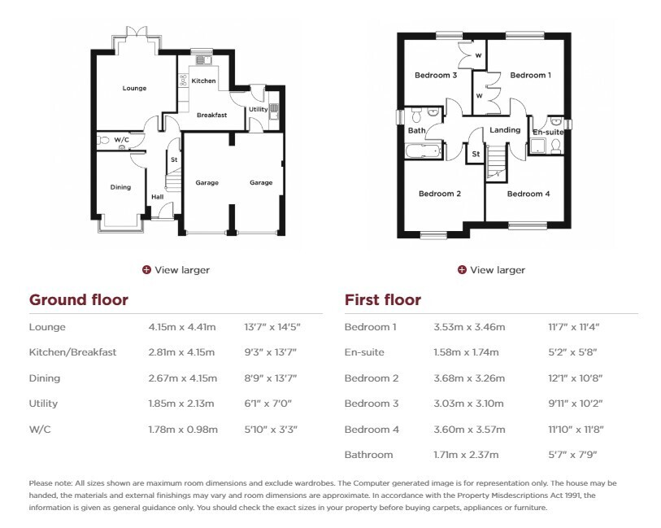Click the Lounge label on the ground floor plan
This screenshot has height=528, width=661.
click(134, 88)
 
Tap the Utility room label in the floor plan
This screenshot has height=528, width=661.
click(258, 109)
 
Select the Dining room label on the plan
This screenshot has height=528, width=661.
click(120, 187)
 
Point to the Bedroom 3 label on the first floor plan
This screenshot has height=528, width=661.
click(436, 76)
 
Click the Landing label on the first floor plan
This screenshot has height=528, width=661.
click(505, 130)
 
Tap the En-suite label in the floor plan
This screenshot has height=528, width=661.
click(548, 133)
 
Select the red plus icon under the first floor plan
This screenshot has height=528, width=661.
click(462, 270)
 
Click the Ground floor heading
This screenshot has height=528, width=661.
click(79, 300)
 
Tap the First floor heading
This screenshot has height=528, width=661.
click(383, 300)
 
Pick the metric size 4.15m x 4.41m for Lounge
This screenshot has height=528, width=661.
click(182, 327)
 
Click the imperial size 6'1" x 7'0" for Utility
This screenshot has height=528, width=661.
click(267, 404)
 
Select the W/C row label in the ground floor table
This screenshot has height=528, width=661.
click(40, 430)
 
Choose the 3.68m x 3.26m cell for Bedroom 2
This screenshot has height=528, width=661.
click(469, 378)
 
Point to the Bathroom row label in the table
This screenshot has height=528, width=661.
click(368, 455)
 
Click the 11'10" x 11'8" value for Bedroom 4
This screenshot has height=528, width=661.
click(576, 430)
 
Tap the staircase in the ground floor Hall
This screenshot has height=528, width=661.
click(173, 178)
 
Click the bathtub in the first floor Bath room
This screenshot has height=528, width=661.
click(423, 151)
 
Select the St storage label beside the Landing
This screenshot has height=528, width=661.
click(476, 154)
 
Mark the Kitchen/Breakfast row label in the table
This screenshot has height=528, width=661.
click(72, 352)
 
